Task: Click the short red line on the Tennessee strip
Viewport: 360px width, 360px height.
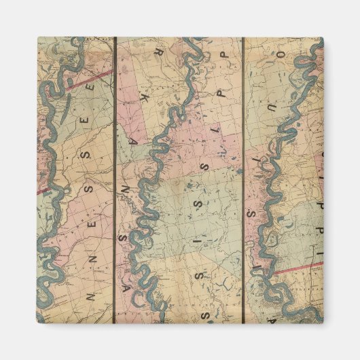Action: [x=44, y=191]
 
